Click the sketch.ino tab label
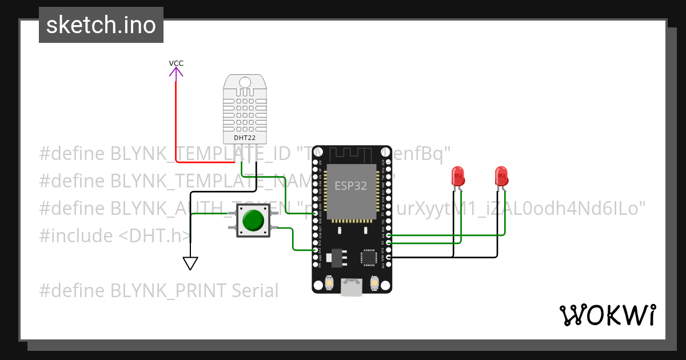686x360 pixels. [101, 25]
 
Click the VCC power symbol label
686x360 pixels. [176, 63]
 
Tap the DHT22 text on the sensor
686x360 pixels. [245, 138]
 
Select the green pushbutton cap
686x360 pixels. [253, 221]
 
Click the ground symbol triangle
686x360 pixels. [190, 263]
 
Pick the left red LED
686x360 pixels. [457, 175]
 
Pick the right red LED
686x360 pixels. [501, 175]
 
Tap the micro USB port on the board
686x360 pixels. [352, 287]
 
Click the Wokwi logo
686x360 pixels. [607, 315]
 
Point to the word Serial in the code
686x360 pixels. [255, 291]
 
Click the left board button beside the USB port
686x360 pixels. [329, 283]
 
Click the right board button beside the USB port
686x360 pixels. [374, 283]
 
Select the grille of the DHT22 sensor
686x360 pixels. [245, 112]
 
